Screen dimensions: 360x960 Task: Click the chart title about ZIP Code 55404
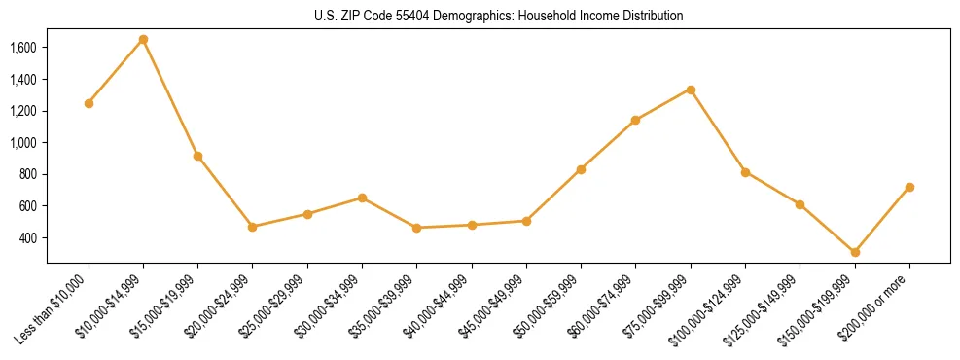coord(498,17)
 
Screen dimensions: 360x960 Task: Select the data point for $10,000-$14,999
coord(143,40)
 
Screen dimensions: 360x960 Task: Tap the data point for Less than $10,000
coord(89,103)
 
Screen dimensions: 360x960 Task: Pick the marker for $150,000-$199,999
coord(855,252)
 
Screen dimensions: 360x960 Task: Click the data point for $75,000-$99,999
coord(691,90)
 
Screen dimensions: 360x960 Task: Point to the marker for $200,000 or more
coord(909,187)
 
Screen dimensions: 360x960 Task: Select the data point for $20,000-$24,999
coord(253,227)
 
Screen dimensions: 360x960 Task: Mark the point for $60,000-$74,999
coord(636,120)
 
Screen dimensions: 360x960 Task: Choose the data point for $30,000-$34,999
coord(362,198)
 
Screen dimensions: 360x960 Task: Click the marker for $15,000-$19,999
coord(198,156)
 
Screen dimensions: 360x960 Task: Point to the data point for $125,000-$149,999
coord(800,204)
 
